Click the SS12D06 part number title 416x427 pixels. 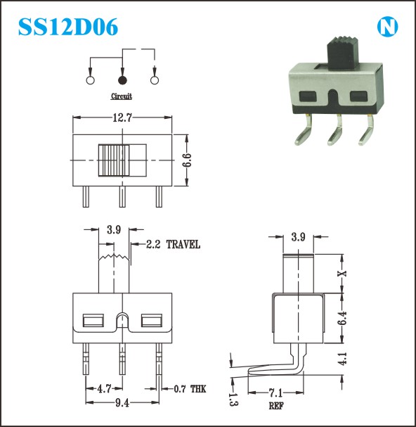68,27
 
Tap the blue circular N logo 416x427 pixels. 387,27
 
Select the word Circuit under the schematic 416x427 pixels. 122,96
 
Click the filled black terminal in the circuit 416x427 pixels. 122,80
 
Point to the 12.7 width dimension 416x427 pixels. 122,117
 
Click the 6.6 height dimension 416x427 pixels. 187,160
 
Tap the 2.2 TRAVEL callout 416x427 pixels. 173,244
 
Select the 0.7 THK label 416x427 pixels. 190,389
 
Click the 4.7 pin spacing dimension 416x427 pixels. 104,388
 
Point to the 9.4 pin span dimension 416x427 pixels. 122,403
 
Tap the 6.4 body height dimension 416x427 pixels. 342,318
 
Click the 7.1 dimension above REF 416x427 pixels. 275,393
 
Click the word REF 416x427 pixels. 276,406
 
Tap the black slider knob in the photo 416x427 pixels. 342,52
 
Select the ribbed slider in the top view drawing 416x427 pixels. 114,160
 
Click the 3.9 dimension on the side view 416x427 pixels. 298,237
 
